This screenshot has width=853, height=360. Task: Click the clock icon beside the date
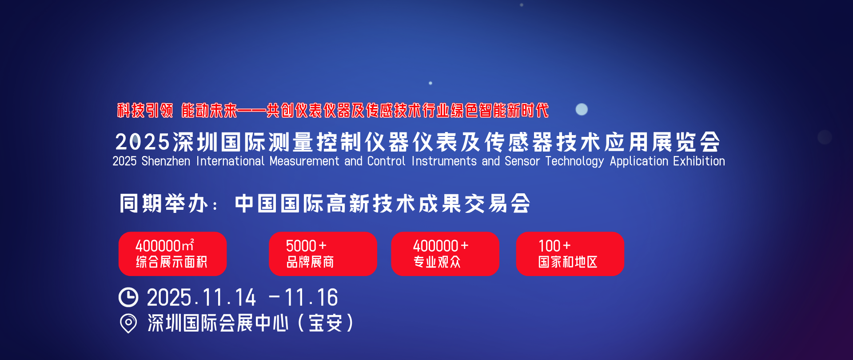[128, 297]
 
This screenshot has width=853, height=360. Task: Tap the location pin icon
[128, 323]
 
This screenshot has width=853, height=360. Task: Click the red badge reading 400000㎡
[172, 254]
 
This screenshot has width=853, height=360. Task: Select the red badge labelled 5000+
[323, 254]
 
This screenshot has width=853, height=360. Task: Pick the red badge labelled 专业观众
[445, 254]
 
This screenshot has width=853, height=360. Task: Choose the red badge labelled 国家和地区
[570, 254]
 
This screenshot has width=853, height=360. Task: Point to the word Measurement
[304, 161]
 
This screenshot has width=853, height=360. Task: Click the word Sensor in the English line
[522, 161]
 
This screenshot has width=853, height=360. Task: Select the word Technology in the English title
[574, 161]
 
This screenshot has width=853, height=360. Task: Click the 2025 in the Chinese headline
[142, 142]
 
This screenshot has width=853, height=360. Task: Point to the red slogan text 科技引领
[145, 110]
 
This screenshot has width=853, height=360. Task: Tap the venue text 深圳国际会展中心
[218, 323]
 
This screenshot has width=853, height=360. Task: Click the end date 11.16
[311, 297]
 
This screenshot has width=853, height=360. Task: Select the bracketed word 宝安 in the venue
[325, 323]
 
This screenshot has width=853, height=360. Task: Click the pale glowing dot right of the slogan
[582, 109]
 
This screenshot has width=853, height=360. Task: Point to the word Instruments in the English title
[444, 161]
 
